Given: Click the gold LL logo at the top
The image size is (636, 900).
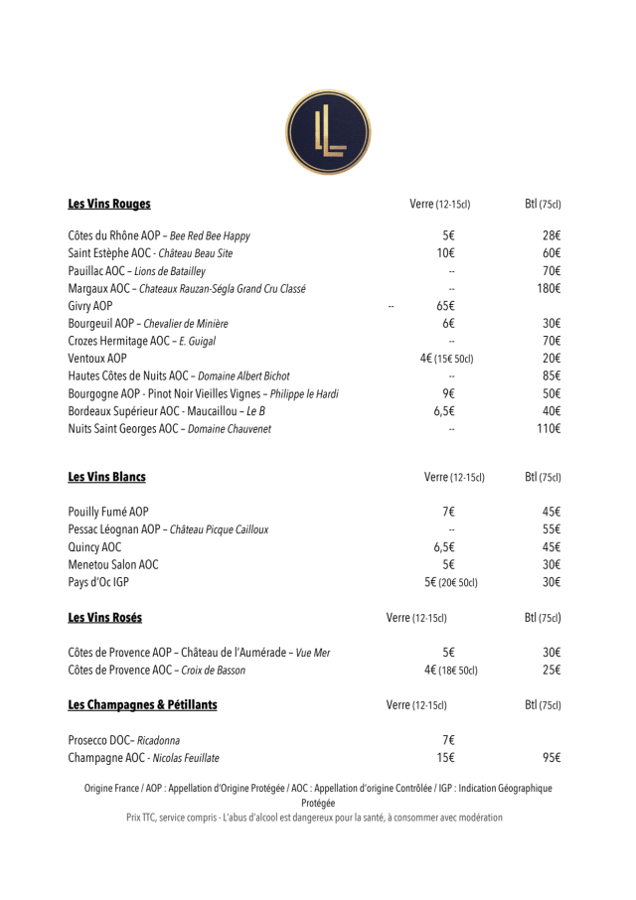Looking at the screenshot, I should point(328,132).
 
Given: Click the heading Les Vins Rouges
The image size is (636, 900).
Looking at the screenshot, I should point(109,204).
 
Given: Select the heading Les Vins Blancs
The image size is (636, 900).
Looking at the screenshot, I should point(106,477).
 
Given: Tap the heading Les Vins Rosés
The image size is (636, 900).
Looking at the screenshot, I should point(104,618).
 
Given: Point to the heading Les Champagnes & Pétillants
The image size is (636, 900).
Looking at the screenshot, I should point(142,705).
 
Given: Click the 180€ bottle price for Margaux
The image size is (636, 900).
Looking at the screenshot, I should point(549,289).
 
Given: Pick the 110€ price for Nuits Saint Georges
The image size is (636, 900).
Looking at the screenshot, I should point(549,429).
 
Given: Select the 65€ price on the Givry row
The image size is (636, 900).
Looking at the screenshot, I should point(445,306).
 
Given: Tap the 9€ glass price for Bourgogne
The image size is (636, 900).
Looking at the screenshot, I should point(448,393).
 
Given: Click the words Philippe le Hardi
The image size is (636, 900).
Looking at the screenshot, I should point(303,394).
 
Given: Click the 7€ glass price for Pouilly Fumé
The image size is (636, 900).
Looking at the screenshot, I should point(448,512).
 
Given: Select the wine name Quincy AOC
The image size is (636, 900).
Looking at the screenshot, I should point(94,547).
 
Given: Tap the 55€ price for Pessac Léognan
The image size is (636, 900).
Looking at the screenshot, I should point(552,529).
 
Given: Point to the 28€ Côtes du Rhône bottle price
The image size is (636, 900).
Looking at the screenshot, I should point(552,236).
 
